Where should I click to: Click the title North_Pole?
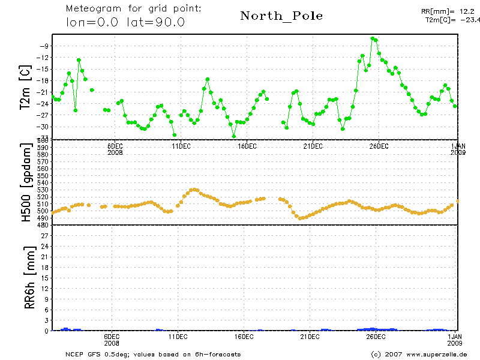[281, 16]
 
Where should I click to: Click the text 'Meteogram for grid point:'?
[133, 9]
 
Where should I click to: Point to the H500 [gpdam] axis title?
[26, 184]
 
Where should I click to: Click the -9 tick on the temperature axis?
[44, 46]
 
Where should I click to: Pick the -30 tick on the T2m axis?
[43, 127]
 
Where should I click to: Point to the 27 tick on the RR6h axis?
[44, 235]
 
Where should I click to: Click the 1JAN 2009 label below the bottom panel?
[456, 340]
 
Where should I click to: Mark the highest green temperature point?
[373, 38]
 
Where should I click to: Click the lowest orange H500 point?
[299, 218]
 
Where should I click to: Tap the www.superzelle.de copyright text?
[419, 354]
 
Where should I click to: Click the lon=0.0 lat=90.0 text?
[125, 22]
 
